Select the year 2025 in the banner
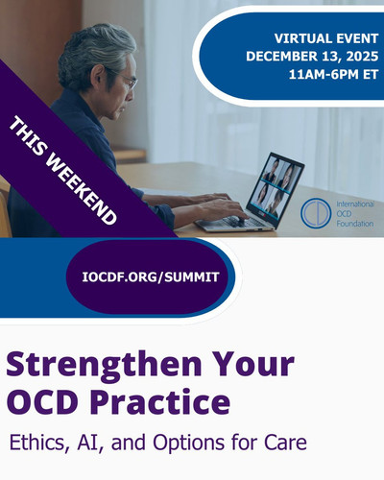(362, 57)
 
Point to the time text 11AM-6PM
(324, 75)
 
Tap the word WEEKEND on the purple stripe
(82, 191)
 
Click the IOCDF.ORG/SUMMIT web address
(151, 277)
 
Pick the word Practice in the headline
(161, 401)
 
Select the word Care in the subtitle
(285, 443)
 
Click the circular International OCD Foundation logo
(316, 213)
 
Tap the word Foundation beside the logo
(355, 224)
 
